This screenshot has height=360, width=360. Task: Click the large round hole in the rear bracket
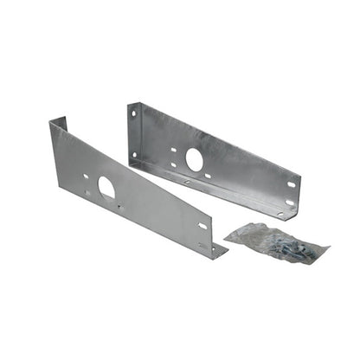[x=195, y=159]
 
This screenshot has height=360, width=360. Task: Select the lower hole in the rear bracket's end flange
[x=133, y=155]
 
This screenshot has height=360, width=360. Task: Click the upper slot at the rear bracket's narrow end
[x=292, y=183]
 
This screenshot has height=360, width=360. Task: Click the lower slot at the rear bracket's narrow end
[x=290, y=202]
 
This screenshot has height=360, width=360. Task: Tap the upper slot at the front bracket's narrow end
[x=202, y=227]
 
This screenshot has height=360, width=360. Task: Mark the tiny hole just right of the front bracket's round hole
[x=119, y=206]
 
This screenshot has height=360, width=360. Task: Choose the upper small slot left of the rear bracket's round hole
[x=174, y=149]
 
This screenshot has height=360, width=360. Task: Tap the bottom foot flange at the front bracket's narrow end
[x=216, y=251]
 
